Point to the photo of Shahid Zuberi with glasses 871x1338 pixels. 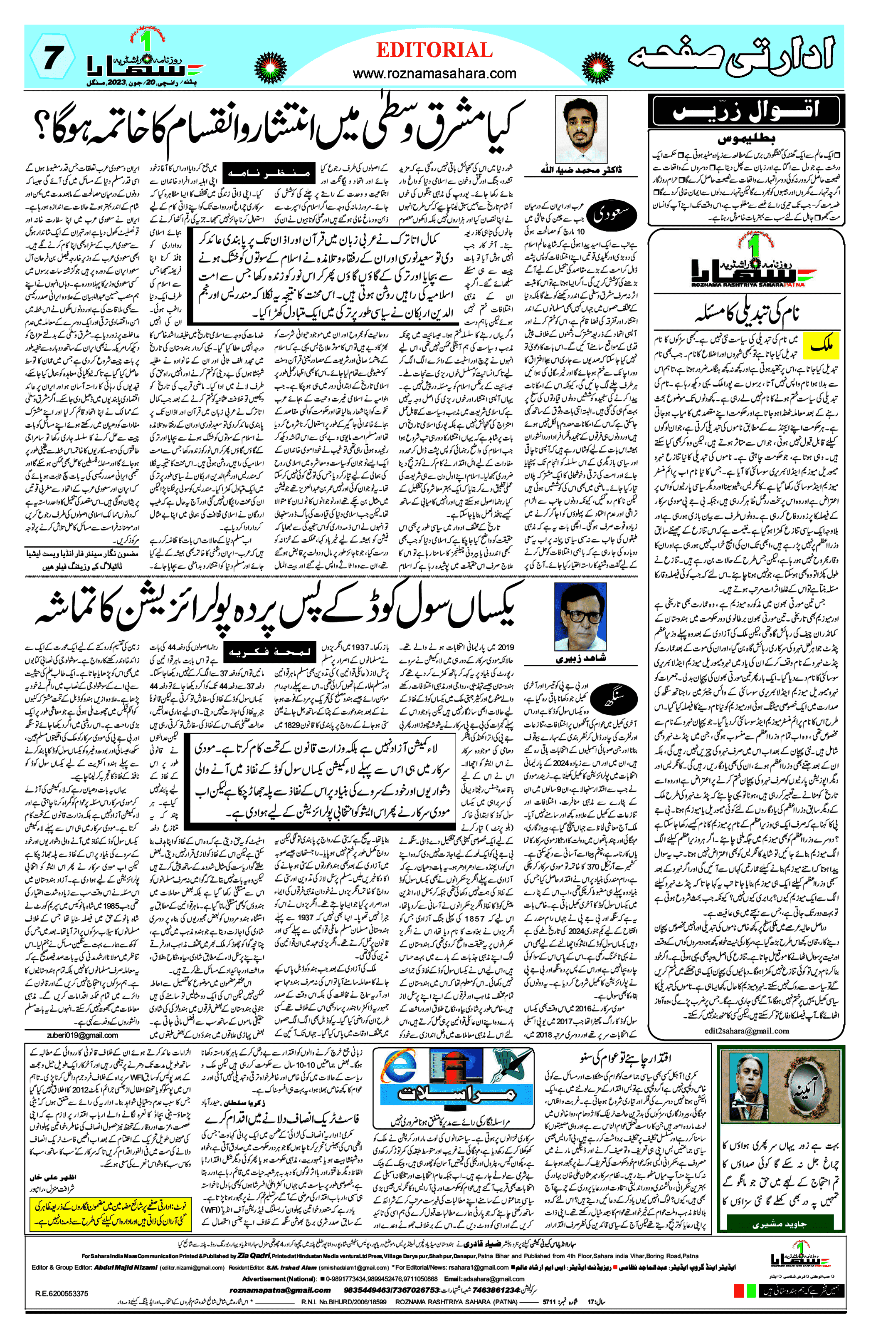580,617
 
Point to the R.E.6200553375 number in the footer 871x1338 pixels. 62,1309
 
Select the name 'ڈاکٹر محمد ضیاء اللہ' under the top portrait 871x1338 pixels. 581,170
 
